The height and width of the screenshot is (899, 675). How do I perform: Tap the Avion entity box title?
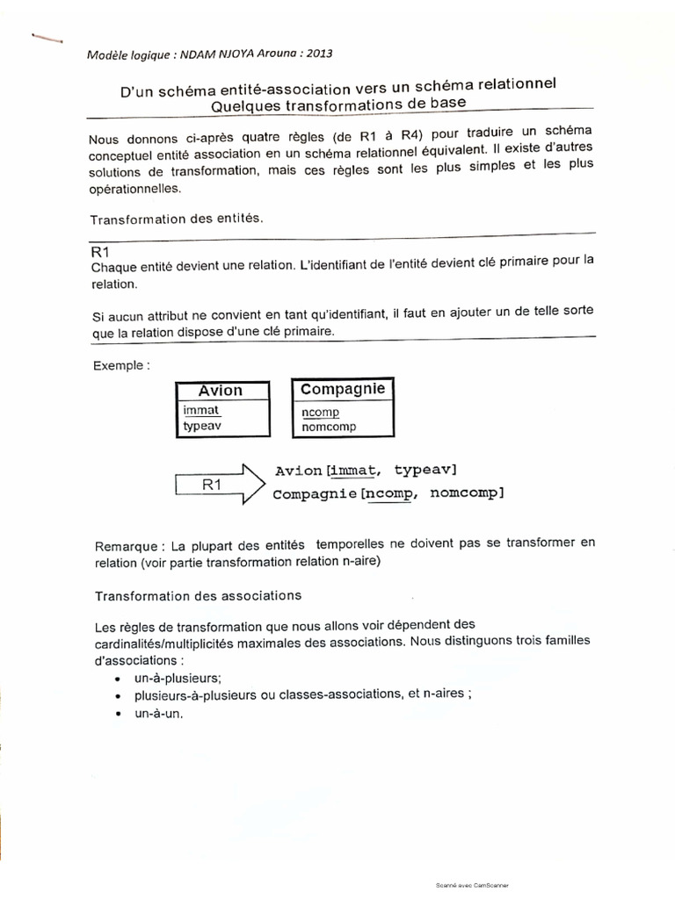(x=220, y=391)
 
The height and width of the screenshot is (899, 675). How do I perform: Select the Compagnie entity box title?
(x=342, y=389)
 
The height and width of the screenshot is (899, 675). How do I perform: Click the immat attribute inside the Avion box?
(x=200, y=410)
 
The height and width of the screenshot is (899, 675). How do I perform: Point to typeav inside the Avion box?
(x=202, y=426)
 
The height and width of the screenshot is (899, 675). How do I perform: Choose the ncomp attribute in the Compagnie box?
(x=320, y=412)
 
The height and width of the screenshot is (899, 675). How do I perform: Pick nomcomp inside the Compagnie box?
(x=328, y=427)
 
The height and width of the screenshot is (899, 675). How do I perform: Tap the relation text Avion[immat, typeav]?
(x=366, y=471)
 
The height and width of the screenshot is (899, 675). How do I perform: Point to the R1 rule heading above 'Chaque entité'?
(x=99, y=253)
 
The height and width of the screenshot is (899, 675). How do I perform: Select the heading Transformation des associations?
(x=198, y=595)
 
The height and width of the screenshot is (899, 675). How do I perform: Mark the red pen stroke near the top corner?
(x=47, y=38)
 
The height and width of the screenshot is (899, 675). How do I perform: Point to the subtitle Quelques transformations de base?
(x=338, y=104)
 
